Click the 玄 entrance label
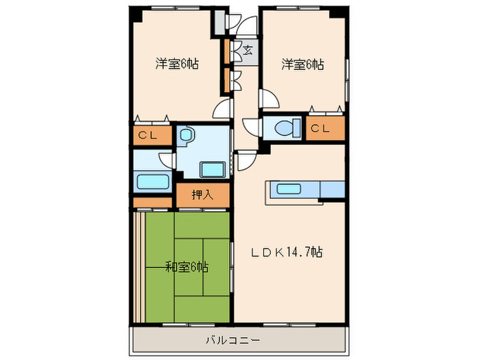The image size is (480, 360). pyautogui.click(x=247, y=49)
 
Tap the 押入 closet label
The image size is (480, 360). pyautogui.click(x=202, y=195)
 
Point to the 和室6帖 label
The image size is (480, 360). pyautogui.click(x=187, y=266)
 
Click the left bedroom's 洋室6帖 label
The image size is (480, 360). pyautogui.click(x=177, y=64)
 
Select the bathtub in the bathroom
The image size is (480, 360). pyautogui.click(x=152, y=182)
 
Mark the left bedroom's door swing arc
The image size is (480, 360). pyautogui.click(x=222, y=108)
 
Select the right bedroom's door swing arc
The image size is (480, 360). pyautogui.click(x=269, y=99)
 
